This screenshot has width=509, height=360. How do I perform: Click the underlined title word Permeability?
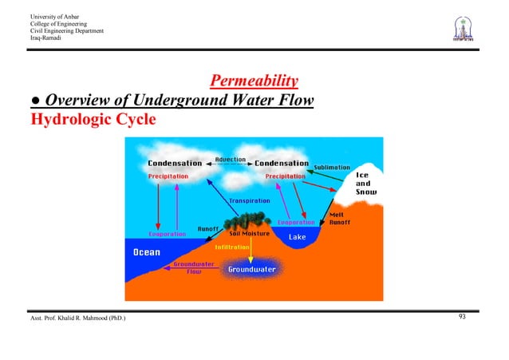pyautogui.click(x=254, y=81)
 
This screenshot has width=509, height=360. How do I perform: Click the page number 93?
pyautogui.click(x=462, y=318)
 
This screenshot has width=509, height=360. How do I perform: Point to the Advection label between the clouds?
pyautogui.click(x=231, y=160)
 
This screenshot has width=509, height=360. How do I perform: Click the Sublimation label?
pyautogui.click(x=332, y=168)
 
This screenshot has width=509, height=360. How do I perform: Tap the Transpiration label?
pyautogui.click(x=250, y=200)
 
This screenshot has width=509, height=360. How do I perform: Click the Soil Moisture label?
pyautogui.click(x=249, y=234)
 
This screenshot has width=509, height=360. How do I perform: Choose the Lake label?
pyautogui.click(x=298, y=237)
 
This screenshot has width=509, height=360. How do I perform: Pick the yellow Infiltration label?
pyautogui.click(x=234, y=247)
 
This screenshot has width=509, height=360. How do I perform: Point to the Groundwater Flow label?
pyautogui.click(x=192, y=267)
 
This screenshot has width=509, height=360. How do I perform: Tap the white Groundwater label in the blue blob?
pyautogui.click(x=252, y=270)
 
